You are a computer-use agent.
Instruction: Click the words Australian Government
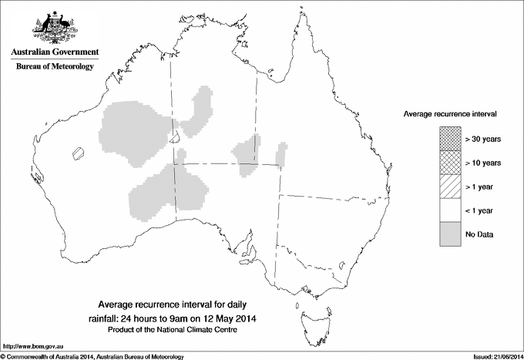click(x=55, y=53)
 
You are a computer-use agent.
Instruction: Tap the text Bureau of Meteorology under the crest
click(x=55, y=67)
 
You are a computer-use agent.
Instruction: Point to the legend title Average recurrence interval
click(x=450, y=113)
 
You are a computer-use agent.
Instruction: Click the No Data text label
click(x=479, y=234)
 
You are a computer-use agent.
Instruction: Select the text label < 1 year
click(x=480, y=210)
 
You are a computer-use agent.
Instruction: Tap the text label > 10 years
click(x=483, y=163)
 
